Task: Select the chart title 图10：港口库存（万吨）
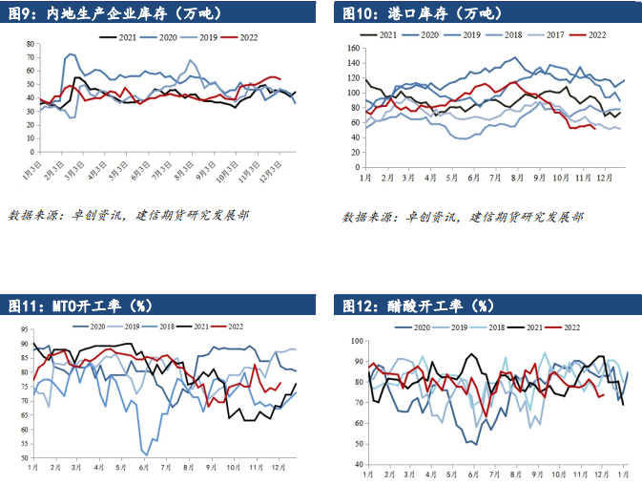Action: tap(420, 13)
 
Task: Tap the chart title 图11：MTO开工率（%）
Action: tap(81, 306)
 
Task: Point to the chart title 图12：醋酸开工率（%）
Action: tap(415, 306)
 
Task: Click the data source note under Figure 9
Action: tap(129, 216)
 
